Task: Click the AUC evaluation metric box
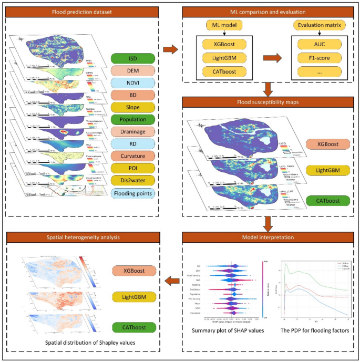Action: click(x=319, y=44)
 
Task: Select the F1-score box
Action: click(x=319, y=57)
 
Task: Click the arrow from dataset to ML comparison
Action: click(x=170, y=49)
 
